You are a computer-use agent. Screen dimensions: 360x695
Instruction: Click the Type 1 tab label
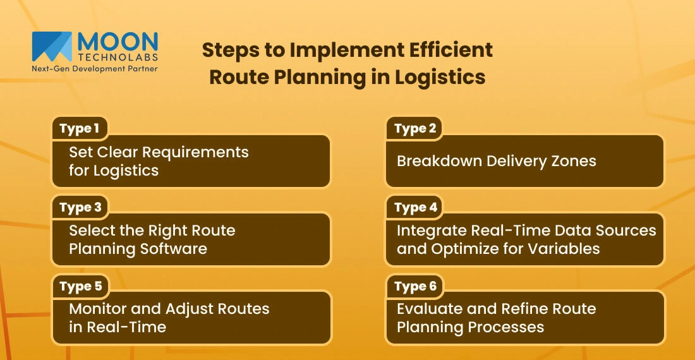click(79, 129)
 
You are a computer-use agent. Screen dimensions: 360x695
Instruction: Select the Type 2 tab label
click(415, 129)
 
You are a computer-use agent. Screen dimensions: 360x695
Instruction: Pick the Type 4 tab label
click(415, 207)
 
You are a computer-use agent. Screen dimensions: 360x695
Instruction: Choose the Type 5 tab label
click(80, 286)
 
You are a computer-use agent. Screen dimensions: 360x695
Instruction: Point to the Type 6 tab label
click(415, 286)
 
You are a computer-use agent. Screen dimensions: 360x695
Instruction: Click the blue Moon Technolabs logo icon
click(52, 46)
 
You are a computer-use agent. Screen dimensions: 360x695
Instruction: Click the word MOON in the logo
click(117, 41)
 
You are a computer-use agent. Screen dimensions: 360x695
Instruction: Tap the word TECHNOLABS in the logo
click(117, 57)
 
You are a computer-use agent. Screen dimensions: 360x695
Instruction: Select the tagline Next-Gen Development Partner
click(94, 68)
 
